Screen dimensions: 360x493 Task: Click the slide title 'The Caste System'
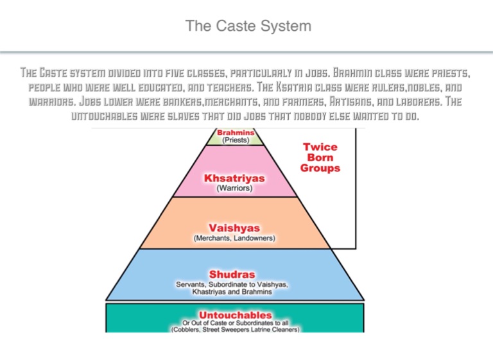point(248,26)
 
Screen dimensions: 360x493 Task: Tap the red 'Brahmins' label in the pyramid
point(236,132)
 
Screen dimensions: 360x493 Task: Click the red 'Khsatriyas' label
point(234,178)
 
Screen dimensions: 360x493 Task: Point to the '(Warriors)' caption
point(234,189)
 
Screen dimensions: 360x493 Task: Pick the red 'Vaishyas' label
point(234,227)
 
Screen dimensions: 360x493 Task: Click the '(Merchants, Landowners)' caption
point(234,238)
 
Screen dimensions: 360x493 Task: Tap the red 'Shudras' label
point(234,275)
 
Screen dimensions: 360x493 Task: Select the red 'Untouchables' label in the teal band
point(235,315)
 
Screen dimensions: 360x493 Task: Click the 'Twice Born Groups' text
point(320,157)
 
